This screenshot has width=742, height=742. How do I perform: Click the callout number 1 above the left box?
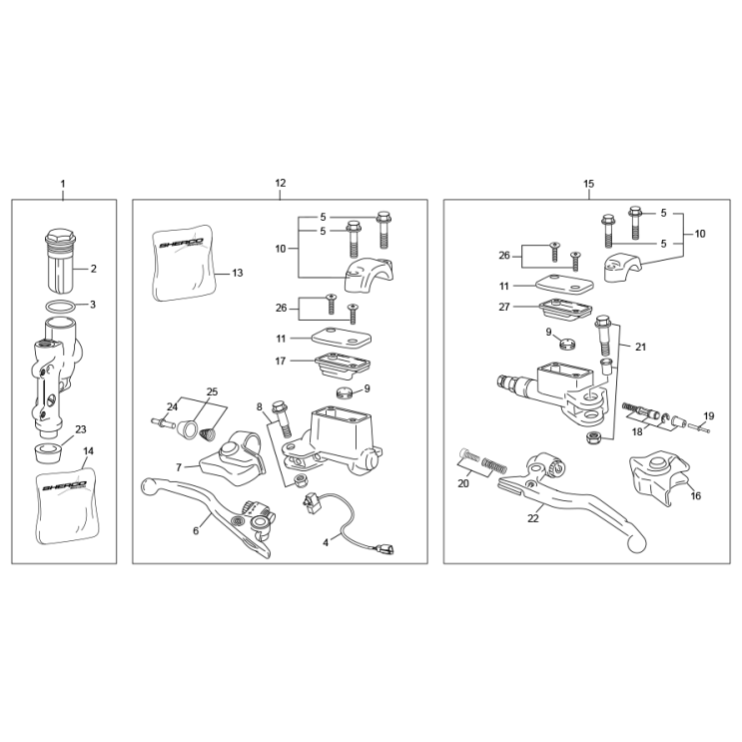pyautogui.click(x=63, y=184)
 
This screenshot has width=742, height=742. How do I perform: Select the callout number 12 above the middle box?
pyautogui.click(x=281, y=183)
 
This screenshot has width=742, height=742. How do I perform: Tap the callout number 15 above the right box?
pyautogui.click(x=588, y=184)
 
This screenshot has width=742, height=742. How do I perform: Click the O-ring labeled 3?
pyautogui.click(x=60, y=307)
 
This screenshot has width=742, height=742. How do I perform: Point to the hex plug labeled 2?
pyautogui.click(x=60, y=262)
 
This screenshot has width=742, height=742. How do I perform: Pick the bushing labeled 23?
pyautogui.click(x=48, y=454)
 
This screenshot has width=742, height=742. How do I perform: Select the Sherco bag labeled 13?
pyautogui.click(x=184, y=263)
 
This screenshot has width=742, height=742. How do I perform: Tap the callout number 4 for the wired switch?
pyautogui.click(x=326, y=543)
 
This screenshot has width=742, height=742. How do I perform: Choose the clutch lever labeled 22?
pyautogui.click(x=572, y=500)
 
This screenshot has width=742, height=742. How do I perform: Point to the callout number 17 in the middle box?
pyautogui.click(x=281, y=362)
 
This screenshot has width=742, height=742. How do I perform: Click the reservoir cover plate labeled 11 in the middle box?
pyautogui.click(x=342, y=338)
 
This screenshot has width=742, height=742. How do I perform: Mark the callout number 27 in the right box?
pyautogui.click(x=504, y=308)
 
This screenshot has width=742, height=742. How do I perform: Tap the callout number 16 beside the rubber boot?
pyautogui.click(x=696, y=496)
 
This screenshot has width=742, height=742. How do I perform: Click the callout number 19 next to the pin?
pyautogui.click(x=708, y=416)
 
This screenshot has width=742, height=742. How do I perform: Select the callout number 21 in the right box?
pyautogui.click(x=640, y=347)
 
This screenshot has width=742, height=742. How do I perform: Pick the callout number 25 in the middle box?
pyautogui.click(x=212, y=391)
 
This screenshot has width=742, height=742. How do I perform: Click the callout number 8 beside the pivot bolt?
pyautogui.click(x=260, y=407)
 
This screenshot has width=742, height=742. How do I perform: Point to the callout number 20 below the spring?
pyautogui.click(x=463, y=483)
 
